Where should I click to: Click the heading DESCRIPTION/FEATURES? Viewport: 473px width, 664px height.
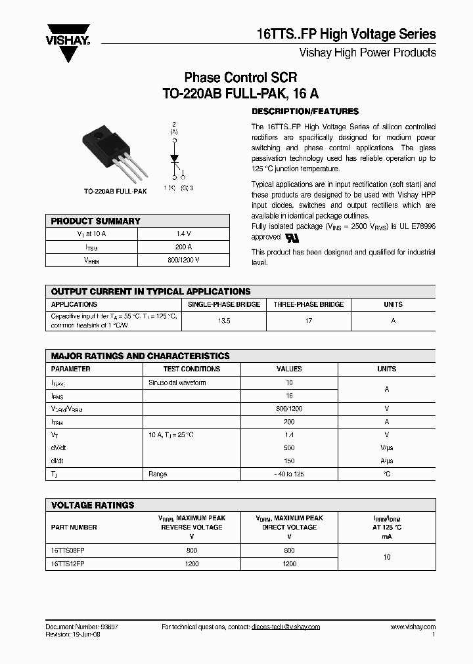(305, 111)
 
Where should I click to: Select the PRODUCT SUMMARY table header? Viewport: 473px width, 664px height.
(95, 221)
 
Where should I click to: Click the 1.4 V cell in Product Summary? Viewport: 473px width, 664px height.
(183, 234)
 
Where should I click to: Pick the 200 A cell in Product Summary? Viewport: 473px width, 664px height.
(183, 247)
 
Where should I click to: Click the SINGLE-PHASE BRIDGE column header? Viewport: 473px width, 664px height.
(224, 304)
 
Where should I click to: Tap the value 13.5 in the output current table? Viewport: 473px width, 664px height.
(223, 321)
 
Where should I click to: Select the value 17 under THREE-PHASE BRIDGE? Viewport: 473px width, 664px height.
(308, 321)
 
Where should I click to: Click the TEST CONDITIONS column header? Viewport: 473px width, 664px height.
(191, 369)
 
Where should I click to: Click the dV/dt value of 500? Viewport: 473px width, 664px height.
(289, 447)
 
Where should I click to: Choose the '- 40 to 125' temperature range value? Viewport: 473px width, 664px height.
(289, 474)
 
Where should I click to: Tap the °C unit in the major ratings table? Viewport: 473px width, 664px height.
(386, 474)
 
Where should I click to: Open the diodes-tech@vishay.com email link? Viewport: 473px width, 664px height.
(285, 627)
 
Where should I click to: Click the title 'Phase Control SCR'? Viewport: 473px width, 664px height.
(240, 77)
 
